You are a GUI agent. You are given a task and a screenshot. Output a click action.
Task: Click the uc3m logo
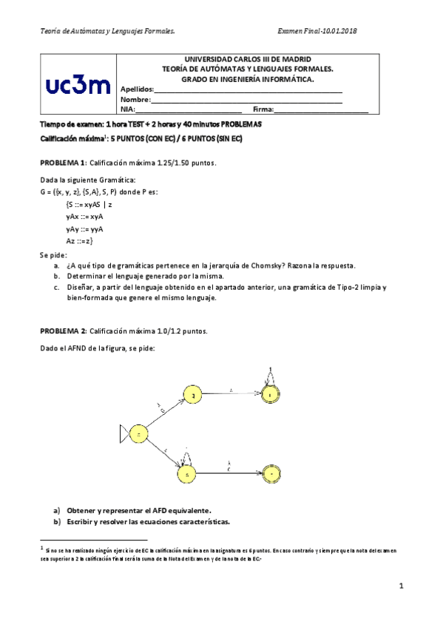[x=78, y=86]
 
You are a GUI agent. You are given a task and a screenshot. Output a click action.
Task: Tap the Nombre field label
[x=135, y=99]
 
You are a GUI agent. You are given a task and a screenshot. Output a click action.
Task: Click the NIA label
[x=127, y=109]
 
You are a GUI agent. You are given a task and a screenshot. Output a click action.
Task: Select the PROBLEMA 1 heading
[x=63, y=162]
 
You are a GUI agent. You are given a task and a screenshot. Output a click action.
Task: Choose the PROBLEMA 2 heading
[x=63, y=331]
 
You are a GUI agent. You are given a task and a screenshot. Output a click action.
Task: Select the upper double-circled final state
[x=271, y=396]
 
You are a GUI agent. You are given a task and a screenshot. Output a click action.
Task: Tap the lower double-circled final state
[x=271, y=472]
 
